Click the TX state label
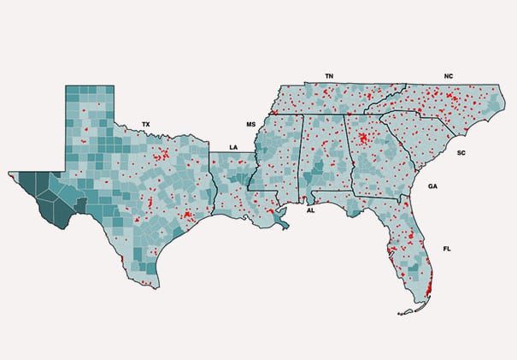(145, 124)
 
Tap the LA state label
(233, 147)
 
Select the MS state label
(251, 124)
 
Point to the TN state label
(329, 76)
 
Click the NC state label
(449, 76)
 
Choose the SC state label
(461, 152)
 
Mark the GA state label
(432, 186)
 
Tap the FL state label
(447, 248)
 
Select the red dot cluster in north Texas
(162, 156)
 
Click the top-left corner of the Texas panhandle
(68, 86)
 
